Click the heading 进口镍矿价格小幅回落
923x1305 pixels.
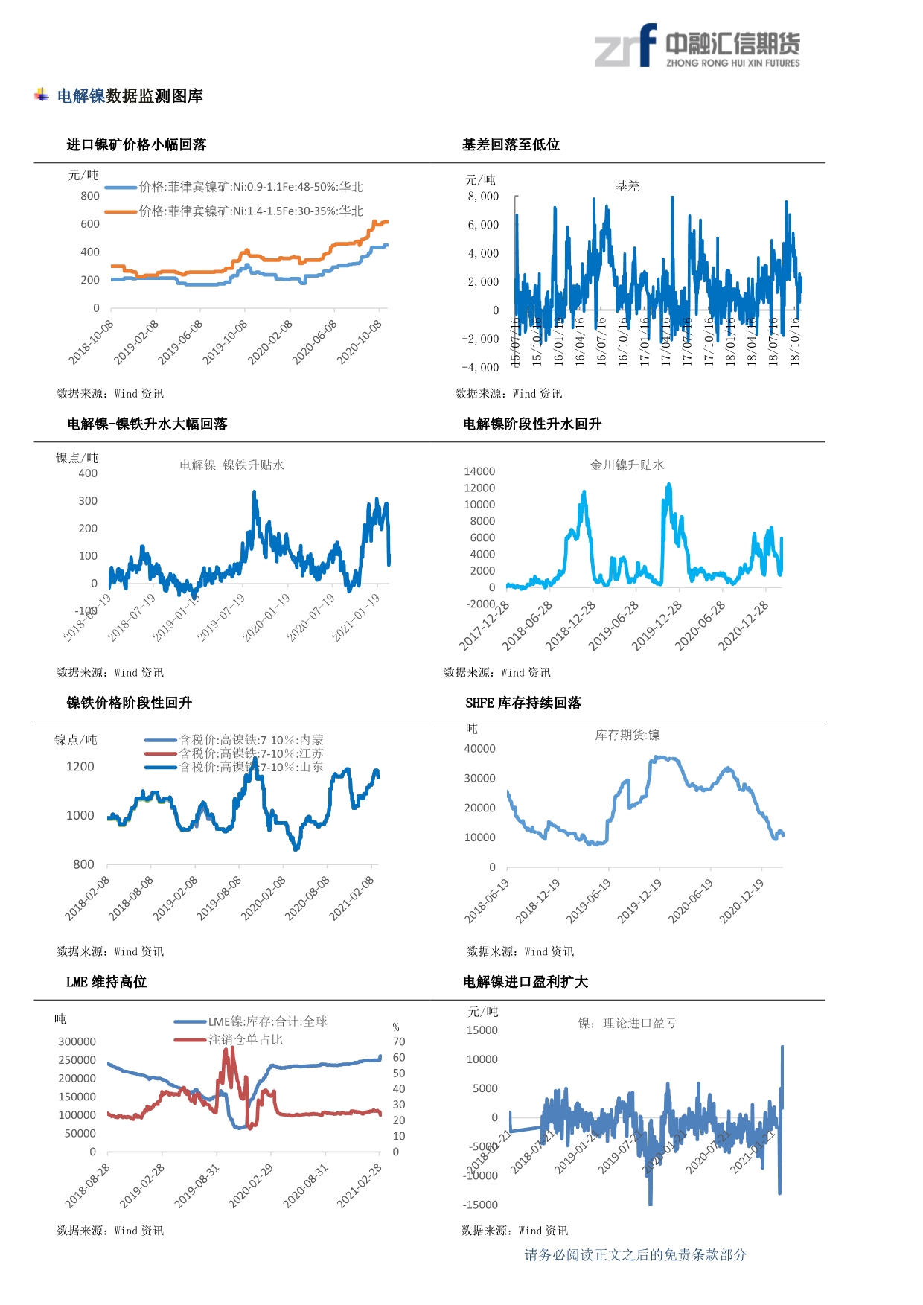(136, 144)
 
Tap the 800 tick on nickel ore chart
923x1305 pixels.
(90, 196)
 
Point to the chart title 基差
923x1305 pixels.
(627, 186)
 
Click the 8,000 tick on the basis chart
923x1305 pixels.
(483, 197)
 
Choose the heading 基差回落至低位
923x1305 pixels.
(511, 144)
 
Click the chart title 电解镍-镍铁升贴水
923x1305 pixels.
(231, 465)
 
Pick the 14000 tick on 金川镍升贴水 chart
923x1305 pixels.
(479, 471)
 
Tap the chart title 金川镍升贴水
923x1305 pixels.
(627, 465)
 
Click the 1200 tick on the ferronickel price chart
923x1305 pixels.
(80, 767)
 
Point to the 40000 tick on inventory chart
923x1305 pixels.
(479, 749)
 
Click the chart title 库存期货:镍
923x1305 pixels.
(627, 736)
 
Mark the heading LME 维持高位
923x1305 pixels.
(106, 982)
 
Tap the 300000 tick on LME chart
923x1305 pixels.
(77, 1041)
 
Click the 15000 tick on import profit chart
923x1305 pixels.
(482, 1030)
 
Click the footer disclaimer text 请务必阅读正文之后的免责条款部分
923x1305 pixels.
(635, 1255)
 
